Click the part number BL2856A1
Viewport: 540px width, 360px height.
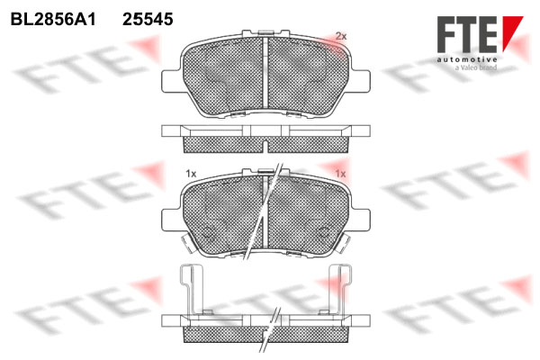click(53, 19)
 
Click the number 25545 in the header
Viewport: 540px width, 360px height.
click(148, 19)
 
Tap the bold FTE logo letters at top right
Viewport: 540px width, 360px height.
click(467, 34)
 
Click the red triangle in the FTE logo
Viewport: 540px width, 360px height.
click(512, 31)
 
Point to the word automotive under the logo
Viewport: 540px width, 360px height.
click(467, 59)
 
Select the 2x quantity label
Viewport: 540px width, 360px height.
click(341, 36)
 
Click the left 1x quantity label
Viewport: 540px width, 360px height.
click(191, 174)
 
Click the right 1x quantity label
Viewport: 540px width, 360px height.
click(340, 174)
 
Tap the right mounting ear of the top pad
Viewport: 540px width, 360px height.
click(361, 81)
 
